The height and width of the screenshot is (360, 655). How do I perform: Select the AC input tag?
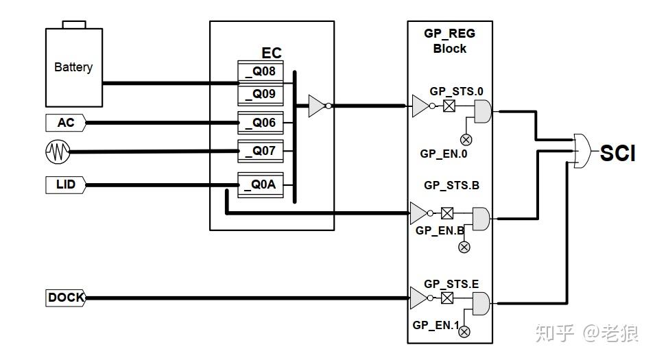coord(65,123)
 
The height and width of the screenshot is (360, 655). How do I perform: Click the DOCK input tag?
coord(66,298)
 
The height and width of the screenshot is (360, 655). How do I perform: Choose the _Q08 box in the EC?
coord(261,71)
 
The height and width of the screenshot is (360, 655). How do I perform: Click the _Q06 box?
coord(261,122)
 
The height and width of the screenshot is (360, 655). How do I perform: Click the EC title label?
coord(272,53)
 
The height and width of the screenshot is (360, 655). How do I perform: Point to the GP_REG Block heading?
coord(450,40)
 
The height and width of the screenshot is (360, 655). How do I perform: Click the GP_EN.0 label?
coord(443,154)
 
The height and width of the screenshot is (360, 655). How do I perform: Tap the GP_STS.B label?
coord(451,185)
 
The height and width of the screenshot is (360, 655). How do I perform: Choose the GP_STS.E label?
coord(451,283)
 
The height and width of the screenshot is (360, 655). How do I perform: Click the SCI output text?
coord(617,154)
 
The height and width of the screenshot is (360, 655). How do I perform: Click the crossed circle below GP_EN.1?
coord(464,332)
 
